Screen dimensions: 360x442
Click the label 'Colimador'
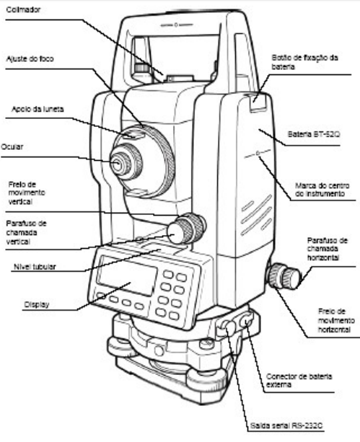tap(23, 10)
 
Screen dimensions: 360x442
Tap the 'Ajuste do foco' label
tap(30, 59)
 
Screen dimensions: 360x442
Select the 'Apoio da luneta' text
tap(38, 109)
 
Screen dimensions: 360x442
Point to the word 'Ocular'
tap(12, 147)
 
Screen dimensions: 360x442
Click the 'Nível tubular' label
tap(35, 267)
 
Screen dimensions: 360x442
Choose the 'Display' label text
tap(37, 304)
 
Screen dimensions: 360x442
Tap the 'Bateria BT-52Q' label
tap(313, 134)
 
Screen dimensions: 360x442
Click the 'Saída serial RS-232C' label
tap(286, 425)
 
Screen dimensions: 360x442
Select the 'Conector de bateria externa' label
tap(299, 381)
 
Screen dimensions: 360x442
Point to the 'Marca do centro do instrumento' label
tap(322, 190)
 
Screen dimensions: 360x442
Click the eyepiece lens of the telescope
tap(117, 164)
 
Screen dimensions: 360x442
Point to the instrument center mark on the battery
tap(258, 154)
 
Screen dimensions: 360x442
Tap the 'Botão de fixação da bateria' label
tap(304, 62)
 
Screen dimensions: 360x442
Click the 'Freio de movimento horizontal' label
tap(336, 321)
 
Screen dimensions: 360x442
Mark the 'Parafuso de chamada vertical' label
tap(26, 233)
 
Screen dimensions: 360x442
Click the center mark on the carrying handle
tap(176, 25)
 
